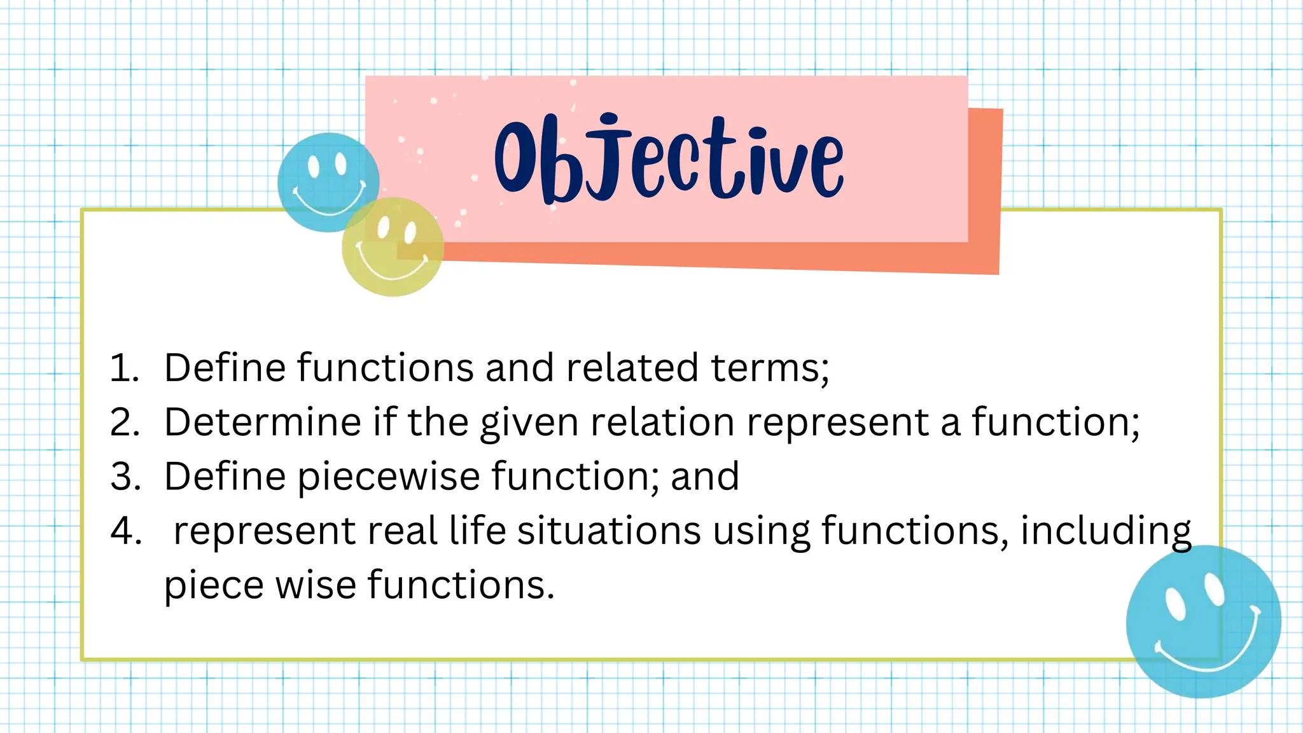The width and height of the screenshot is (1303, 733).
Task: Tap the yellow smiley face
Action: pos(393,247)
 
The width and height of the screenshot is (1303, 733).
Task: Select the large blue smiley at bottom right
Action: pos(1203,622)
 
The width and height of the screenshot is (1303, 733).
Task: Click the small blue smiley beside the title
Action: pos(328,182)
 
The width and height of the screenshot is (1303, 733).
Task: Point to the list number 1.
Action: pos(124,368)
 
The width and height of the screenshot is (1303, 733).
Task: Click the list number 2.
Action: pos(125,422)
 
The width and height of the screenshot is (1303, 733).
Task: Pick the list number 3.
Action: pos(125,476)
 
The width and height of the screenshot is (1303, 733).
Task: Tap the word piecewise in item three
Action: pos(389,477)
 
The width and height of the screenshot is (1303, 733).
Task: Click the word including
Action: pos(1106,531)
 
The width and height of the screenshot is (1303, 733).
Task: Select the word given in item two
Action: pos(529,423)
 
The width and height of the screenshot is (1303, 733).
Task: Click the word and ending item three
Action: pos(704,476)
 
